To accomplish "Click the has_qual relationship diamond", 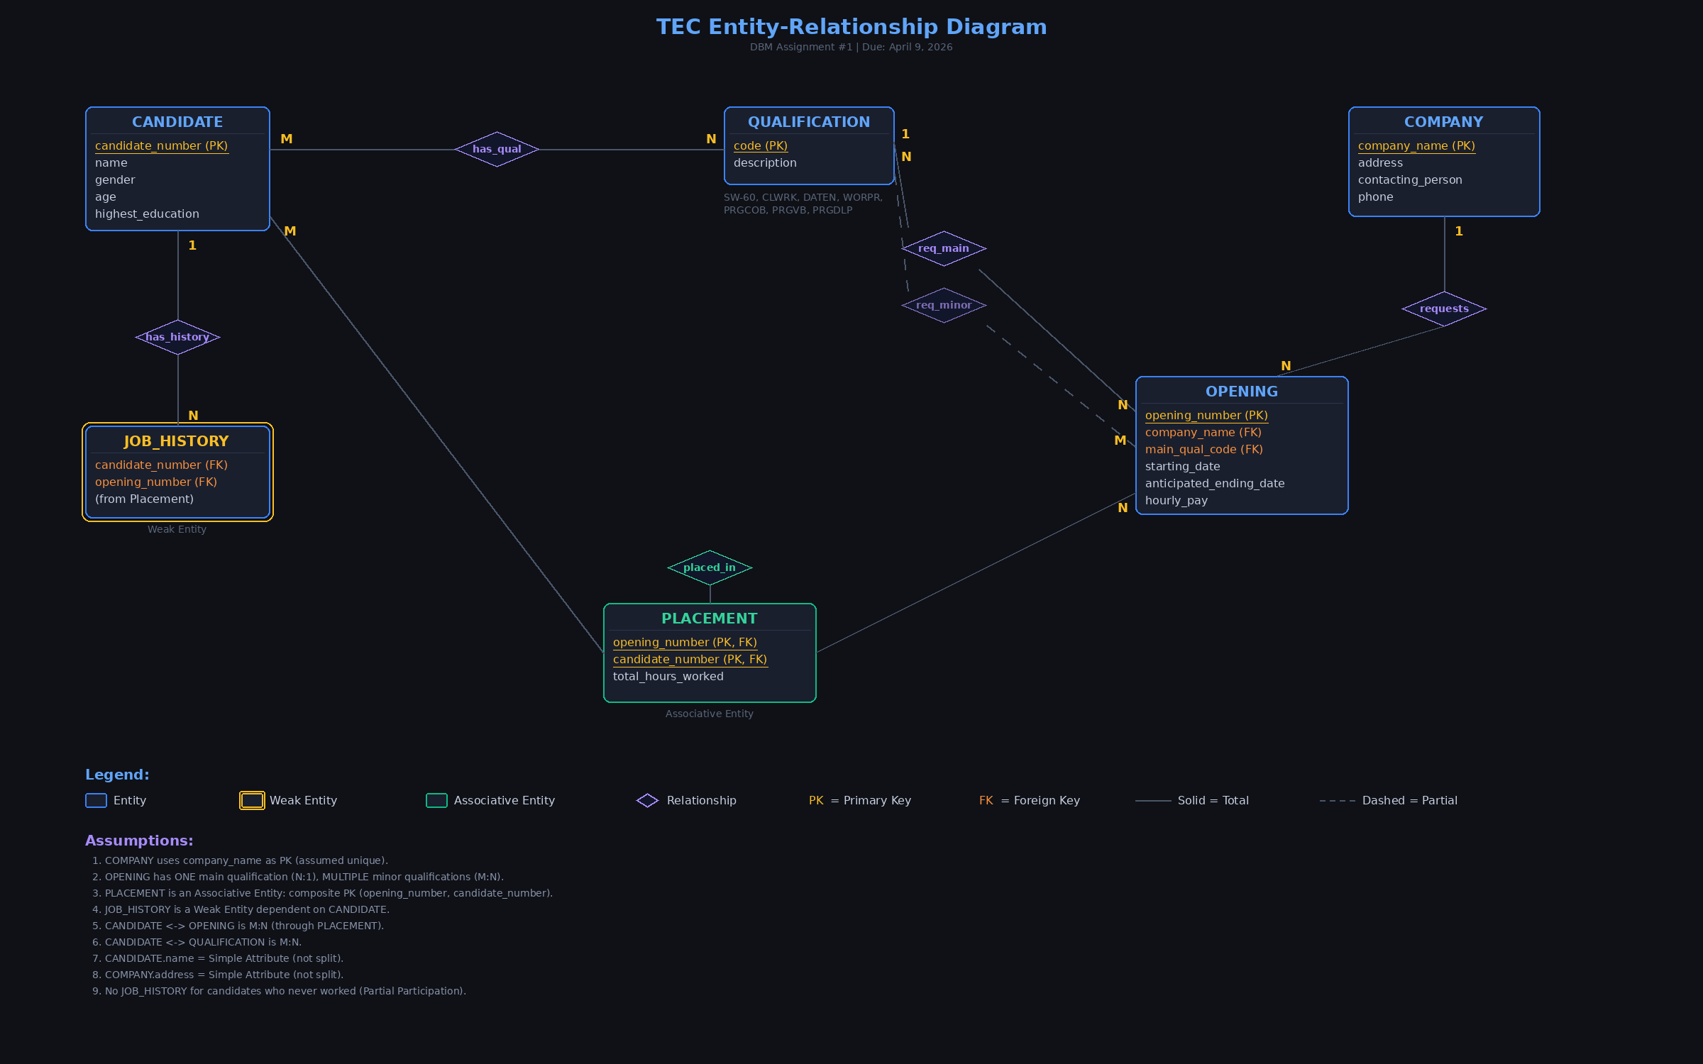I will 497,149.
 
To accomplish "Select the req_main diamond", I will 944,248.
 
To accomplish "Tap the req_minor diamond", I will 944,305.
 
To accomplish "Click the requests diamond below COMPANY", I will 1444,309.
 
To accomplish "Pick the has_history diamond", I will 177,337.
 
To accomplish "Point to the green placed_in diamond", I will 710,567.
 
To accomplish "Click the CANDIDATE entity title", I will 177,122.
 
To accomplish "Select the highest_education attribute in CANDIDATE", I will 147,214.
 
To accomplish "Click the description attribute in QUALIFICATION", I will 765,163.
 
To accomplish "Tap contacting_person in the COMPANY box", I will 1410,180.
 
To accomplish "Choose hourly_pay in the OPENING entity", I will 1176,501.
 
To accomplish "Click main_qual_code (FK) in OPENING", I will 1203,450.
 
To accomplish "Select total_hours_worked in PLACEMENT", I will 668,677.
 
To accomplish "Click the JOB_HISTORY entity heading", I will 177,441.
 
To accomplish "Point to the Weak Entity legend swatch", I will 252,800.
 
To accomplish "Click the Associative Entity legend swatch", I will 436,800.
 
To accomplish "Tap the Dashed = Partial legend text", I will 1409,800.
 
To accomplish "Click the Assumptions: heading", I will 139,841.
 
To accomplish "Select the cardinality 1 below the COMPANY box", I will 1458,231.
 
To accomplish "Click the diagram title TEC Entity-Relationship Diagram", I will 851,27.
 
